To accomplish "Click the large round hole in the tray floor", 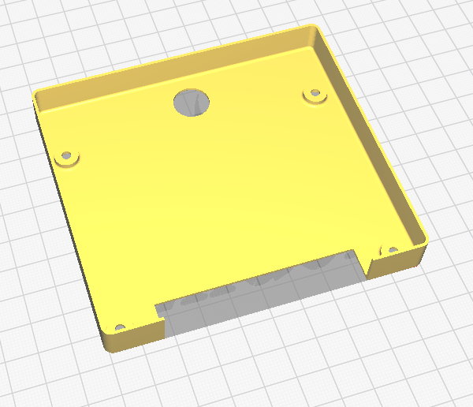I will click(x=192, y=102).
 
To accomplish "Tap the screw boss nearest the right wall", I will click(x=315, y=96).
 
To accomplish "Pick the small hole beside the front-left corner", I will click(x=120, y=326).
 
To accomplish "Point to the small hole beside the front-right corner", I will click(x=387, y=250).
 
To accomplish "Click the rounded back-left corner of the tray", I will click(x=36, y=95).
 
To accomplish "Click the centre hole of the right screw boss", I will click(x=315, y=95).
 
